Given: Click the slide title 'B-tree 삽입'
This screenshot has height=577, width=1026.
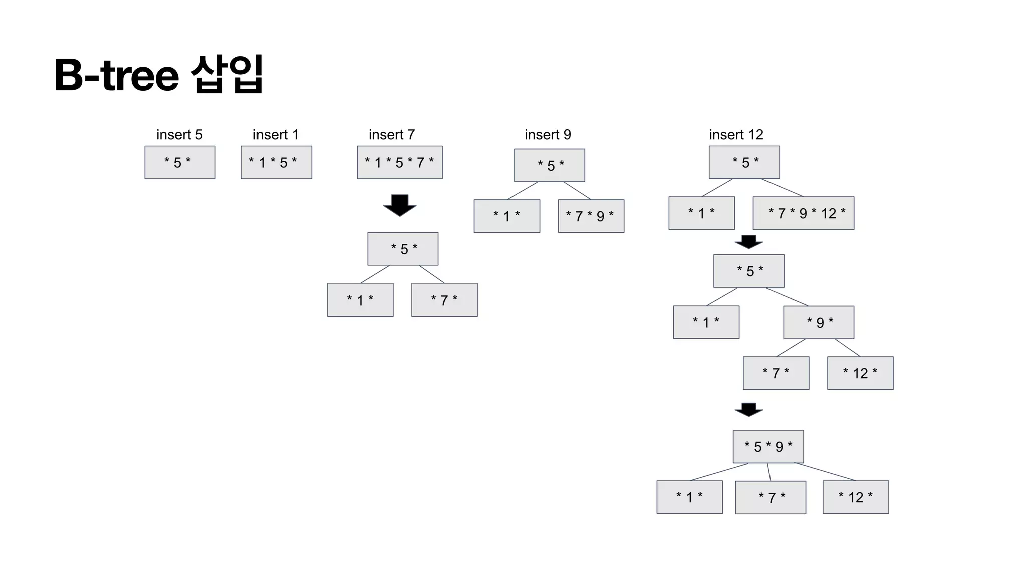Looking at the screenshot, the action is [158, 75].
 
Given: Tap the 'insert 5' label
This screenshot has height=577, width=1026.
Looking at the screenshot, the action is [179, 135].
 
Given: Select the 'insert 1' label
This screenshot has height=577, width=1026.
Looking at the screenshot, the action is [276, 135].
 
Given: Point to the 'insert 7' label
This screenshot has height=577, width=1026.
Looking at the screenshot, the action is [392, 135].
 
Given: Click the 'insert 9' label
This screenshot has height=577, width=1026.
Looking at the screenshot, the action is [548, 135].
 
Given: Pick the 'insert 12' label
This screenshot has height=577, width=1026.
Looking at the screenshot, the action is [736, 135].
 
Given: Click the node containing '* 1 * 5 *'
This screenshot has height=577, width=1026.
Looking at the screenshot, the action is [277, 162].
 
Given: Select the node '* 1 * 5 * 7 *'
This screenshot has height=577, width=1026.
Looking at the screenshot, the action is [400, 162].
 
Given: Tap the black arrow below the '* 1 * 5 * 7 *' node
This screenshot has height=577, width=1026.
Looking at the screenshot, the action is [400, 205].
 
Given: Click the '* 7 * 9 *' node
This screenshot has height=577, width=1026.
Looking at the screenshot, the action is [591, 216].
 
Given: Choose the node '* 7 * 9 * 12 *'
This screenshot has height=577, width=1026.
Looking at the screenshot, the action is [804, 213].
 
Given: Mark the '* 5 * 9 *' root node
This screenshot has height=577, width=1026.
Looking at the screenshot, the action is [768, 446].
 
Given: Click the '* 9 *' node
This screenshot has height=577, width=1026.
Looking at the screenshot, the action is [819, 322].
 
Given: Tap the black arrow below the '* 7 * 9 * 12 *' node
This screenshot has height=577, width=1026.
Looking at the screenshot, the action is [749, 242].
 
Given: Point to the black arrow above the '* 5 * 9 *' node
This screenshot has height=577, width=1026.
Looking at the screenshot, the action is [749, 409].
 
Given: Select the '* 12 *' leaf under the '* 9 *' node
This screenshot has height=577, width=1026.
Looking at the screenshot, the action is [860, 373].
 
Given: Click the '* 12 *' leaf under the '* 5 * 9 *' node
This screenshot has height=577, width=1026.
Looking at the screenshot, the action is [856, 497].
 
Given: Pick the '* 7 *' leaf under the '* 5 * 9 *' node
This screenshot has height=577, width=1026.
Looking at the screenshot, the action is [771, 497].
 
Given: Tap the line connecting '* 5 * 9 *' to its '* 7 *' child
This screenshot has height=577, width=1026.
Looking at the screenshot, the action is [769, 472].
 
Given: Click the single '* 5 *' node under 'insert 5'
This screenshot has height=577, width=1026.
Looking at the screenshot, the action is [180, 162].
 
